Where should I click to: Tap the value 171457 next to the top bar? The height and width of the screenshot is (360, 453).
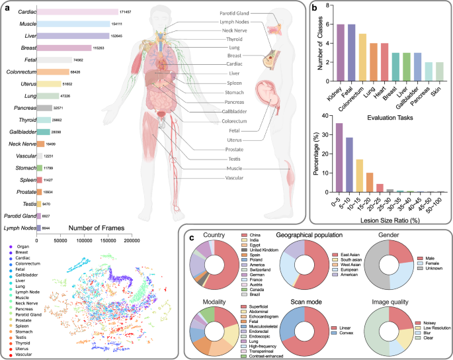click(x=129, y=13)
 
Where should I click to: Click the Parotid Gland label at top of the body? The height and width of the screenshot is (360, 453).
click(x=238, y=13)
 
